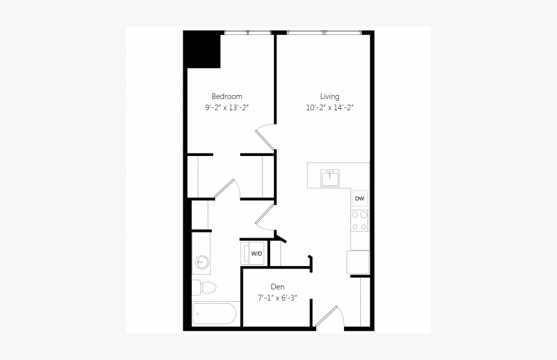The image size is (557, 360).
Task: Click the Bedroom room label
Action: pos(227,96)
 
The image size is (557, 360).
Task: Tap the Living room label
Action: pos(329,96)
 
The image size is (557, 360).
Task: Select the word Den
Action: pos(278,286)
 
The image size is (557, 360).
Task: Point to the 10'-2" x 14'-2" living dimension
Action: pos(330,107)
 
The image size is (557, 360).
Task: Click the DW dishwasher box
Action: pos(359,199)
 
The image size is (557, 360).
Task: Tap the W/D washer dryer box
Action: pos(256,253)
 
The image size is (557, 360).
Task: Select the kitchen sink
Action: pos(330,177)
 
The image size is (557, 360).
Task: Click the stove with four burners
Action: pos(359,220)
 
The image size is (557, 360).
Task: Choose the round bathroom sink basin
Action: pos(202,262)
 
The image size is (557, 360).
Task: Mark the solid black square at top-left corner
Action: pos(202,49)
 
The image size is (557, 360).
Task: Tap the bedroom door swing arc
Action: pos(265,135)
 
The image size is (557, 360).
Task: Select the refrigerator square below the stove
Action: pos(358,262)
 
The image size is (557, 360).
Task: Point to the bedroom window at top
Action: pos(247,32)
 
